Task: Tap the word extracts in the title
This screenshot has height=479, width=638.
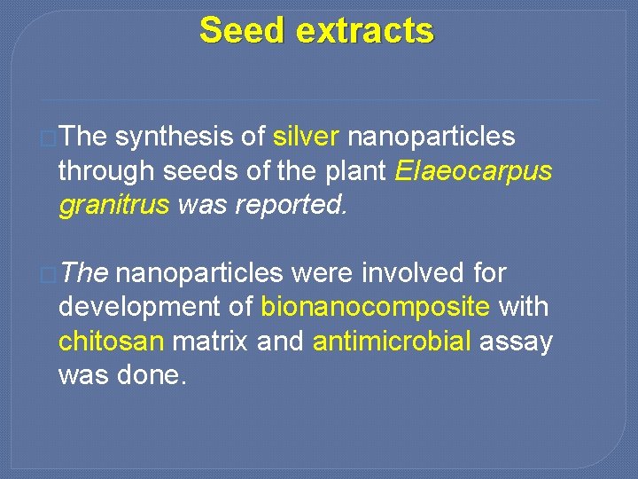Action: (x=364, y=30)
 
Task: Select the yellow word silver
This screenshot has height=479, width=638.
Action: (x=306, y=137)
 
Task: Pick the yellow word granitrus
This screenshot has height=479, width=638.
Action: (x=113, y=205)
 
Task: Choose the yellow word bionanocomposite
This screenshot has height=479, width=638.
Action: (x=376, y=308)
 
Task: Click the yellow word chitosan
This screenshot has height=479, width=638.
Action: (x=112, y=342)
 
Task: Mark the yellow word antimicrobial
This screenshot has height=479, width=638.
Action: (x=392, y=342)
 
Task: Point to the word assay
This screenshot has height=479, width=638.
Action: (x=516, y=342)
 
